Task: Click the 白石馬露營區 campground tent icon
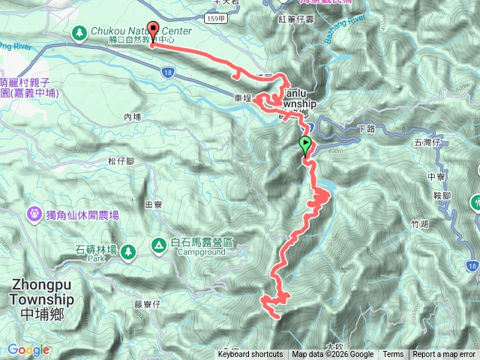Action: [x=158, y=244]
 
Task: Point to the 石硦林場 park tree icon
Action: [x=127, y=251]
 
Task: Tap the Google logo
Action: [x=28, y=349]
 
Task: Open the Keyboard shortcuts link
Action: [x=250, y=355]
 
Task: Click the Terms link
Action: [x=393, y=355]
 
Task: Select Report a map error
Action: [x=444, y=355]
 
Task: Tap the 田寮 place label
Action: [x=153, y=204]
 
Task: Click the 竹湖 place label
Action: [x=420, y=223]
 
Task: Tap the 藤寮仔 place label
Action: [x=148, y=304]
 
